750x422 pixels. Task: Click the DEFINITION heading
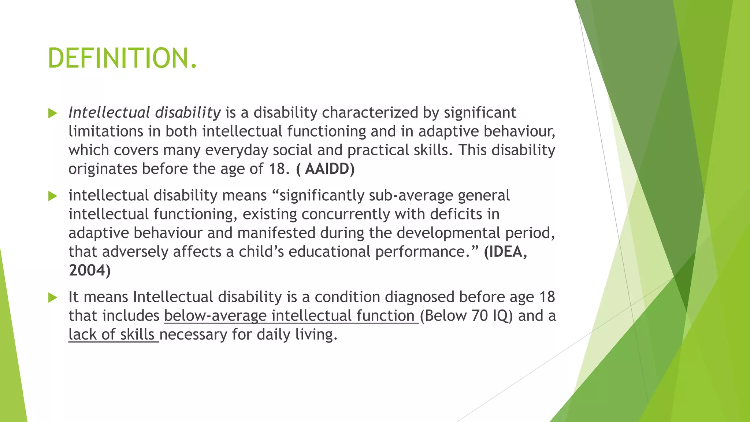click(122, 59)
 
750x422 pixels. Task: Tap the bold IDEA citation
click(505, 252)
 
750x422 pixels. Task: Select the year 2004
click(89, 270)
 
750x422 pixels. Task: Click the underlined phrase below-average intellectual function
click(291, 316)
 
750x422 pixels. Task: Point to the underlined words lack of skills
click(113, 334)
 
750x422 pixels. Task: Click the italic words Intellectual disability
click(145, 112)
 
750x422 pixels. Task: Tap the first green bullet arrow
click(53, 113)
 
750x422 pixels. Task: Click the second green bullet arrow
click(53, 196)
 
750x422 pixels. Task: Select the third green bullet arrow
click(53, 298)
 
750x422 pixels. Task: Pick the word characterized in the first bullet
click(370, 112)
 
